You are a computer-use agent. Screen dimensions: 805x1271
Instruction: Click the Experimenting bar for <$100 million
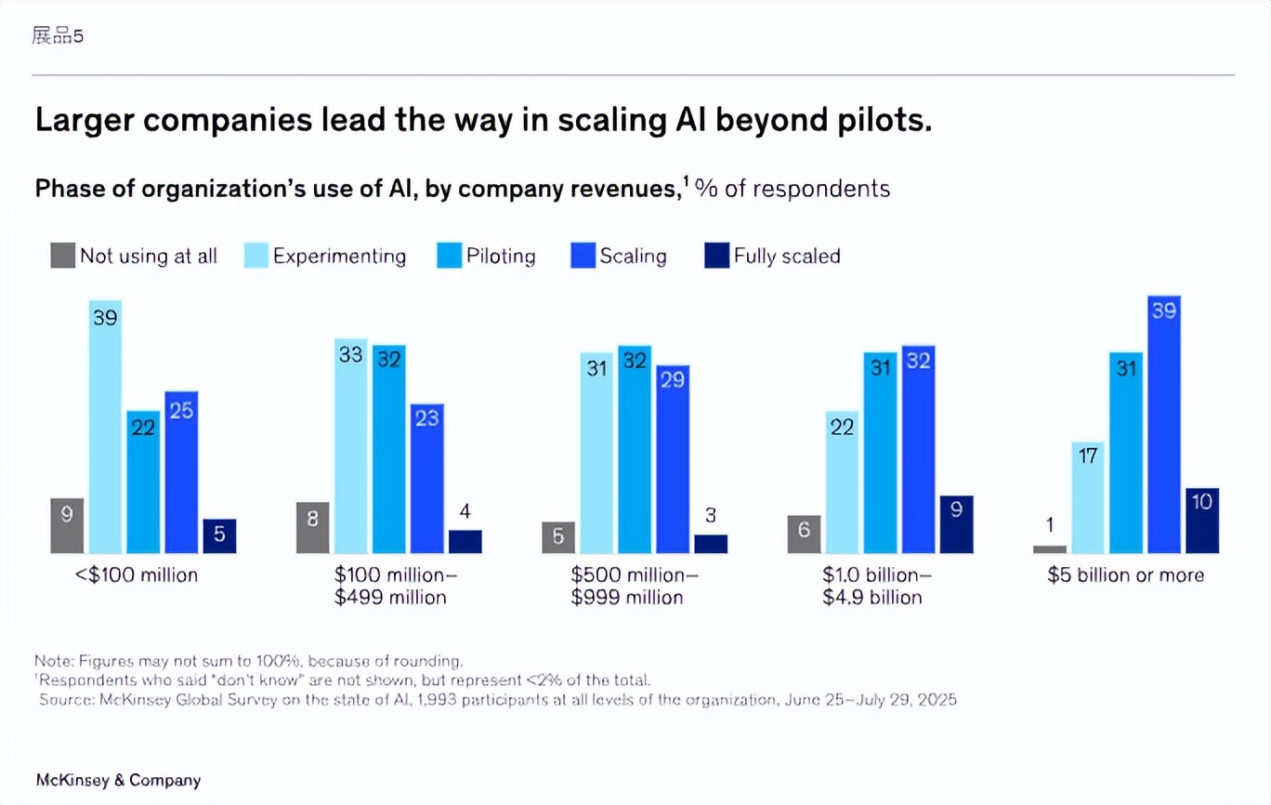[105, 428]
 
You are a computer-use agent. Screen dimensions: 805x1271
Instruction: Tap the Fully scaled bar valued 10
[1202, 521]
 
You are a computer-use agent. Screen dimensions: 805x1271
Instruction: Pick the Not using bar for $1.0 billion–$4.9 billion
[804, 534]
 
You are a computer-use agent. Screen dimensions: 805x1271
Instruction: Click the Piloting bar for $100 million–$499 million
[389, 450]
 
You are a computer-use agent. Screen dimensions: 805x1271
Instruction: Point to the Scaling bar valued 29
[673, 459]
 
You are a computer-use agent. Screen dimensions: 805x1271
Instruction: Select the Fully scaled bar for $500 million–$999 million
[711, 544]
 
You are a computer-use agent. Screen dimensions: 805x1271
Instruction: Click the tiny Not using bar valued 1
[1050, 549]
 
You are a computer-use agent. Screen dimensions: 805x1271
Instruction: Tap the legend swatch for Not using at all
[62, 256]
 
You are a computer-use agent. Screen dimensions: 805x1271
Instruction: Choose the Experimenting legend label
[339, 257]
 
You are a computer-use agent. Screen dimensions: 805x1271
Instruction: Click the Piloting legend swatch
[449, 256]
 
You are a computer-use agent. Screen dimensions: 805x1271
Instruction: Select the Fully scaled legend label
[786, 257]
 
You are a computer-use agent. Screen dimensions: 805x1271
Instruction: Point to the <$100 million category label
[137, 575]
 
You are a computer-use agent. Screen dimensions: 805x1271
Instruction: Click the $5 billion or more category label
[1125, 575]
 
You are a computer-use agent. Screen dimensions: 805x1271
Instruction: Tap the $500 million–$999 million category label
[634, 586]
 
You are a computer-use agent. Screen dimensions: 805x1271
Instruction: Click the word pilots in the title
[874, 122]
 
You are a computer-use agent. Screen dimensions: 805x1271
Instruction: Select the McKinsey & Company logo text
[118, 780]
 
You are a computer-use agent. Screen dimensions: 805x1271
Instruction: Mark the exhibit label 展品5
[58, 36]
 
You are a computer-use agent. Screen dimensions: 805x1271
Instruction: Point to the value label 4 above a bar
[465, 511]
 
